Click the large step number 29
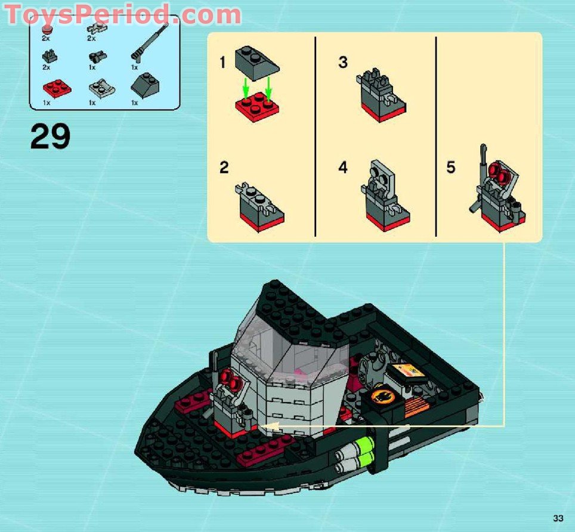click(x=50, y=137)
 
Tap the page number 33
click(x=558, y=518)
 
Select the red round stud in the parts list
click(x=48, y=29)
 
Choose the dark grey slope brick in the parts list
click(x=145, y=84)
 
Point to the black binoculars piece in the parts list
click(x=95, y=58)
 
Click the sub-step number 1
click(x=222, y=62)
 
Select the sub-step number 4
click(x=342, y=168)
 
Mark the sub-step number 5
click(x=451, y=168)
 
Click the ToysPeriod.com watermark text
click(x=123, y=14)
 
